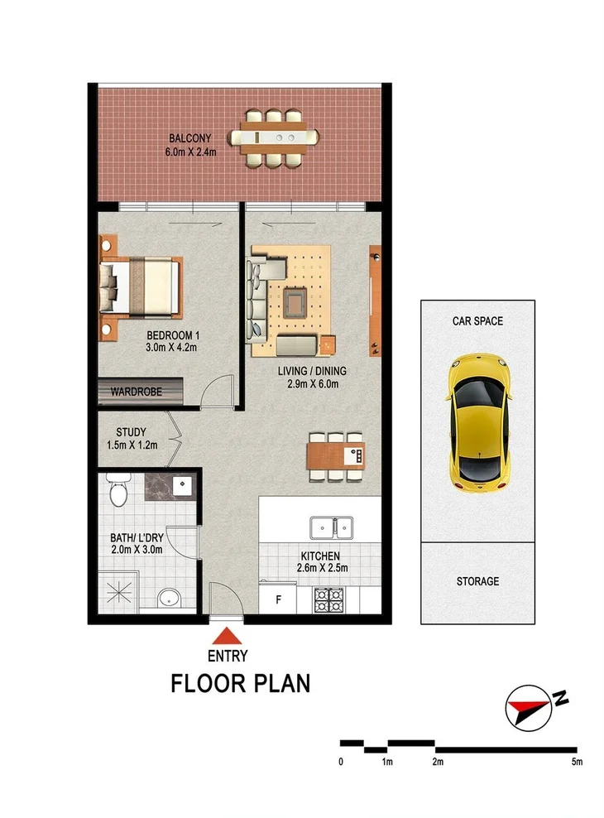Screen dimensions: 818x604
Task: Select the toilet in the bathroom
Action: click(x=117, y=493)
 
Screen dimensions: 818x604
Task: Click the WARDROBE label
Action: click(x=137, y=392)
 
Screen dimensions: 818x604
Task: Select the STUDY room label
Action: click(x=132, y=431)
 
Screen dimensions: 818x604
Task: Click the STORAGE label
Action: click(x=477, y=581)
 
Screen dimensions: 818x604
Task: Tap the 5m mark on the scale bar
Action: click(x=576, y=760)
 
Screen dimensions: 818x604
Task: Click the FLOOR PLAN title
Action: click(x=240, y=684)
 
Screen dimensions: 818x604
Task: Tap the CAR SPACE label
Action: click(x=477, y=320)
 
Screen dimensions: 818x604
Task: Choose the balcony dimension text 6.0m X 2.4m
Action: click(x=191, y=152)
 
